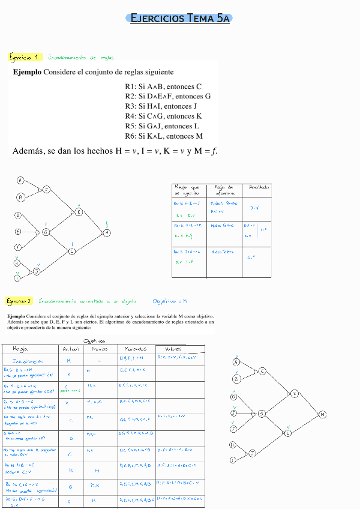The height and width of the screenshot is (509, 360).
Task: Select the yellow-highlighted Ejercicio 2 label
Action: (19, 301)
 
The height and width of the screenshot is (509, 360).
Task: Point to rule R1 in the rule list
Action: (163, 86)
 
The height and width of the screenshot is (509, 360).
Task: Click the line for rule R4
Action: (163, 116)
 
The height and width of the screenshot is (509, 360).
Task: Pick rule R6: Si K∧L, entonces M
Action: (164, 136)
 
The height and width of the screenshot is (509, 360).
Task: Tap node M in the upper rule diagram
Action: (107, 232)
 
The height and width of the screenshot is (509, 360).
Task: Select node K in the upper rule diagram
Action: (79, 211)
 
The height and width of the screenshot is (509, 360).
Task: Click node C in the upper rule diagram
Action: (46, 190)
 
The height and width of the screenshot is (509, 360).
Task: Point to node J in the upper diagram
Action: (37, 271)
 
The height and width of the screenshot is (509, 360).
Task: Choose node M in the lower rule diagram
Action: (322, 415)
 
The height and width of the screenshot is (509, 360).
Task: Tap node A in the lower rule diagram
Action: (236, 363)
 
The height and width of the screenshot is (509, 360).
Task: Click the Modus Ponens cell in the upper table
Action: (220, 207)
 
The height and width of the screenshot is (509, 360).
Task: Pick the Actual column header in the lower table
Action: (71, 349)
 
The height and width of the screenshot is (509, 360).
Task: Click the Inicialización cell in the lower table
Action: (29, 361)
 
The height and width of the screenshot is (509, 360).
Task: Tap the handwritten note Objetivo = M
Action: (170, 301)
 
